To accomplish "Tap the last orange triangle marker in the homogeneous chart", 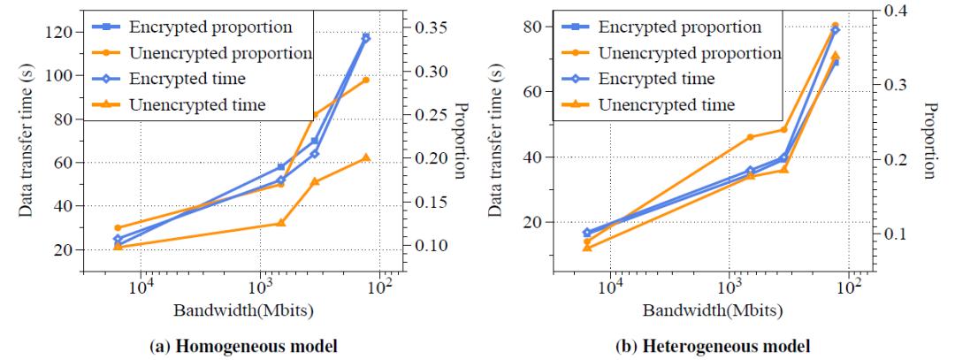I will (x=365, y=157).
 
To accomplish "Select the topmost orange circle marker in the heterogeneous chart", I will (x=835, y=26).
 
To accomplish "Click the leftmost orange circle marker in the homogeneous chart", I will (x=118, y=227).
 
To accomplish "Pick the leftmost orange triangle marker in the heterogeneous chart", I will (x=586, y=248).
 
